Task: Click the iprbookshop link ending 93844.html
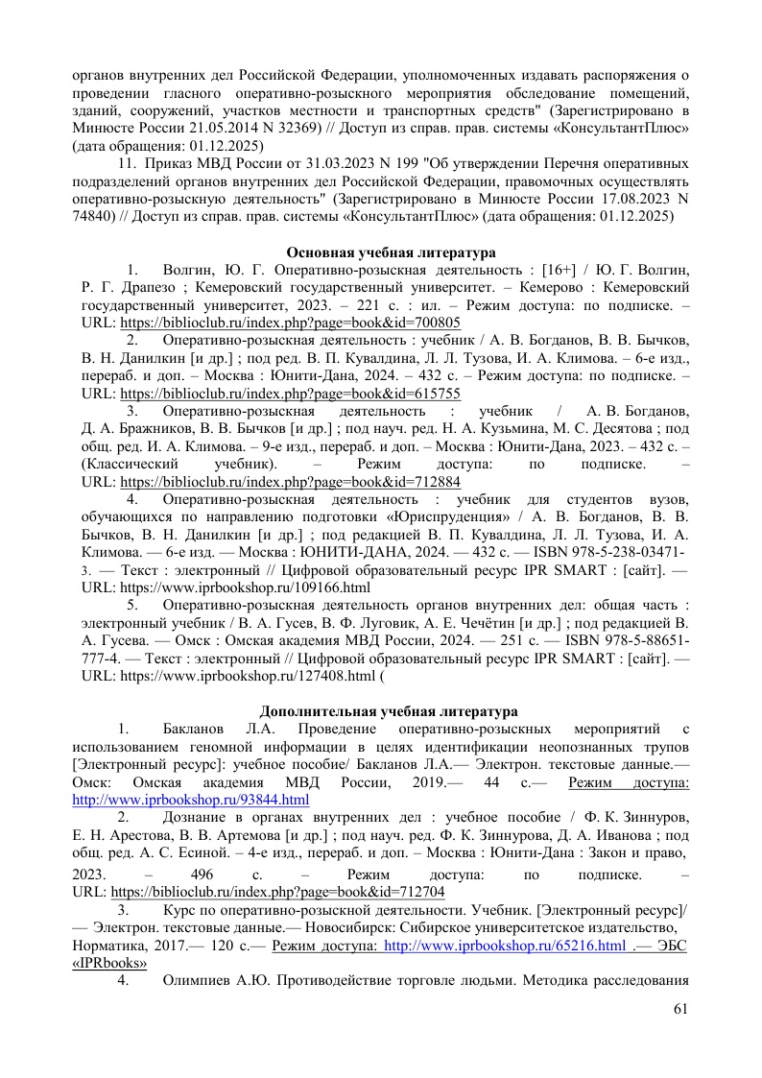pyautogui.click(x=191, y=799)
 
